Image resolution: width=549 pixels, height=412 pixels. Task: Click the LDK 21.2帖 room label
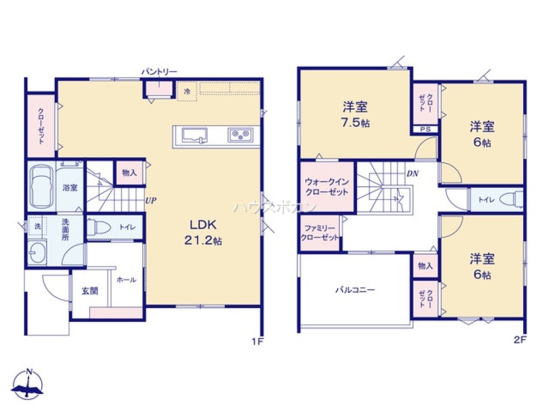(x=204, y=232)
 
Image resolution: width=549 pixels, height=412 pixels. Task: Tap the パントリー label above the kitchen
(x=159, y=72)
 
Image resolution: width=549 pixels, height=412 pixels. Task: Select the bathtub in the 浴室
(x=42, y=187)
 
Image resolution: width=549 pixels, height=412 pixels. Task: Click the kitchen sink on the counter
(x=194, y=136)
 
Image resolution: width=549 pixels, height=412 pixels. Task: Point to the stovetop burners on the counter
(x=240, y=135)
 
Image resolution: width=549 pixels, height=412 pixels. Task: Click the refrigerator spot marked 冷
(x=187, y=91)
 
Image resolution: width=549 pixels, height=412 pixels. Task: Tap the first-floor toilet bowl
(x=99, y=227)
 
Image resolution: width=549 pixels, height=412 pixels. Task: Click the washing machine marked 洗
(x=37, y=226)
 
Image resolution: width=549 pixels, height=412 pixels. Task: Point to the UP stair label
(x=151, y=201)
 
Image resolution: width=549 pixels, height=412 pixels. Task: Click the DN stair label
(x=413, y=174)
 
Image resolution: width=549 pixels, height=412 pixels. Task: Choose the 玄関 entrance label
(x=89, y=291)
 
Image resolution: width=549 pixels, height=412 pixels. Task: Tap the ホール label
(x=126, y=280)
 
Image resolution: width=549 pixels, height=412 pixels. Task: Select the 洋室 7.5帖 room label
(x=355, y=114)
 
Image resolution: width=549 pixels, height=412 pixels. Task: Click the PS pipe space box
(x=426, y=129)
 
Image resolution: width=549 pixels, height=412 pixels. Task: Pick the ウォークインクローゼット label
(x=327, y=187)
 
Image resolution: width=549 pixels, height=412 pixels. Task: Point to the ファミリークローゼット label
(x=320, y=233)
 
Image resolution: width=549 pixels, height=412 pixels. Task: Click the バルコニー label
(x=355, y=290)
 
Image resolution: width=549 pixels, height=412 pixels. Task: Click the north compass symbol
(x=28, y=385)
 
